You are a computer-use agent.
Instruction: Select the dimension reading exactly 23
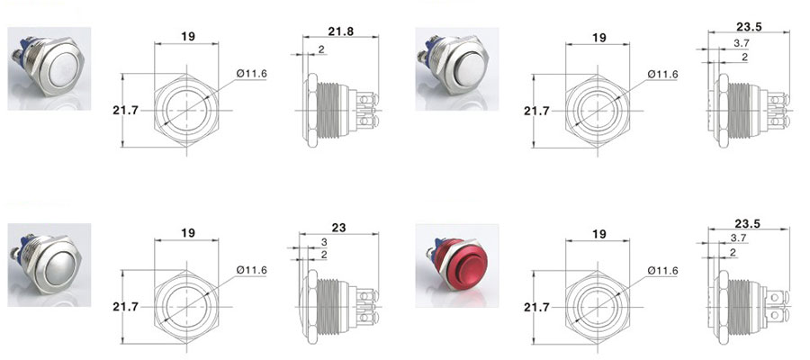(339, 227)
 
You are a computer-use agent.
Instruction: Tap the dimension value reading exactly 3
(324, 242)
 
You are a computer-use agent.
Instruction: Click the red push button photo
(456, 265)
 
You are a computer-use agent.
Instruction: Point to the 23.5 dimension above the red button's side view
(747, 223)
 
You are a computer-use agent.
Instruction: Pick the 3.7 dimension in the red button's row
(739, 238)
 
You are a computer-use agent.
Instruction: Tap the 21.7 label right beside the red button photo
(536, 307)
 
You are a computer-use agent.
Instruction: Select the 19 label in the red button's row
(598, 234)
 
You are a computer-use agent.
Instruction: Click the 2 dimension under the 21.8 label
(320, 49)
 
